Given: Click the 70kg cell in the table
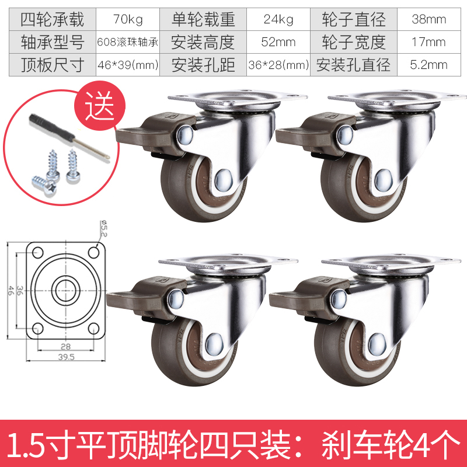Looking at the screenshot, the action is (128, 19).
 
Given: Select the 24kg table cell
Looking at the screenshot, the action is (278, 19).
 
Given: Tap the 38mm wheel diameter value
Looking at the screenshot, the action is (429, 19).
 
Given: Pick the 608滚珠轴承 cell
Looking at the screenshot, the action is (128, 42).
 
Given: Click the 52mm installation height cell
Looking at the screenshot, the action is (278, 42).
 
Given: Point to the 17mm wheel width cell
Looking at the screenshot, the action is (429, 42).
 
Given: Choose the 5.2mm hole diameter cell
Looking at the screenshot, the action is (429, 65).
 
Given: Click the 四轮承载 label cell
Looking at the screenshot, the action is (53, 19).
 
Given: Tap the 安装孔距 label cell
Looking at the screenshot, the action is (203, 65).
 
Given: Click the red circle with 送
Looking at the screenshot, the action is (100, 106).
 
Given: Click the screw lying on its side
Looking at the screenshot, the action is (45, 185).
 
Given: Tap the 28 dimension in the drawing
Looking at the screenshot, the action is (65, 346).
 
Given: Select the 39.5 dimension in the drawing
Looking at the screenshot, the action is (66, 357).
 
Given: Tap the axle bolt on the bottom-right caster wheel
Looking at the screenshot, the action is (377, 344).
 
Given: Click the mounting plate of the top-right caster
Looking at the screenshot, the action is (396, 97).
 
